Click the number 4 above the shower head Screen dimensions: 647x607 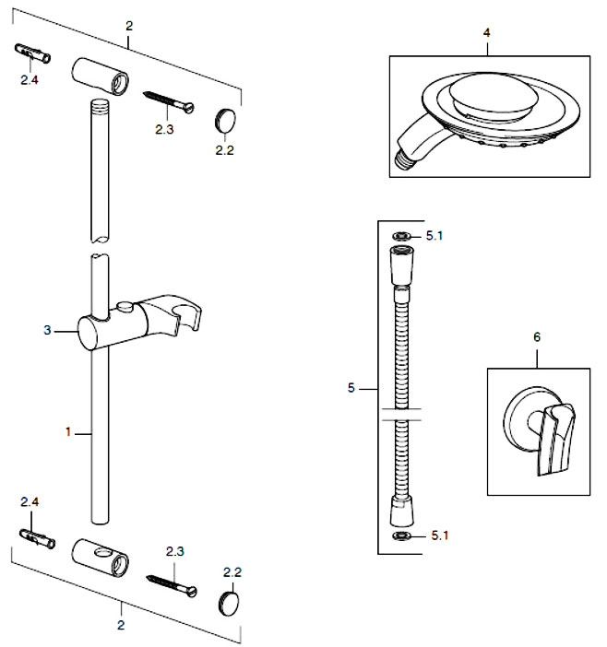(486, 32)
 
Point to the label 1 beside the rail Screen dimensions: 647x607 (68, 430)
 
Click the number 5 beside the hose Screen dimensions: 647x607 (351, 388)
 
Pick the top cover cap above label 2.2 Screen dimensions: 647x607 (225, 118)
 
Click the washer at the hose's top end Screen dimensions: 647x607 (401, 236)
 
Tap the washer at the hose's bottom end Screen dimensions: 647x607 (401, 535)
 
